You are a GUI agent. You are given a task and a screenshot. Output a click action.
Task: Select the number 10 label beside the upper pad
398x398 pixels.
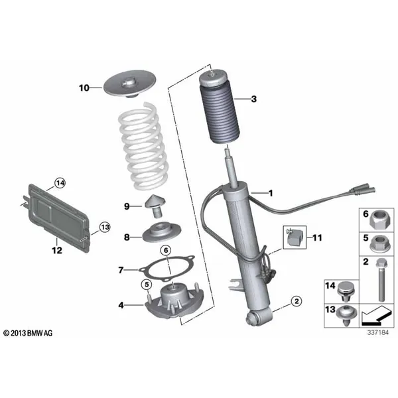pyautogui.click(x=84, y=88)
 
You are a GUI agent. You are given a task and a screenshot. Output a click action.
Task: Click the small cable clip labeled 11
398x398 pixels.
pyautogui.click(x=295, y=237)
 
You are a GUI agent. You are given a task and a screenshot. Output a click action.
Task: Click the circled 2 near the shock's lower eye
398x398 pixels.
pyautogui.click(x=297, y=302)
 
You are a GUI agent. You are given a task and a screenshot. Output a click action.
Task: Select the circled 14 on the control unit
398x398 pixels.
pyautogui.click(x=60, y=182)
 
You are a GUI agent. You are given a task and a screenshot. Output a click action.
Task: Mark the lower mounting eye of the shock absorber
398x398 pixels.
pyautogui.click(x=254, y=318)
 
